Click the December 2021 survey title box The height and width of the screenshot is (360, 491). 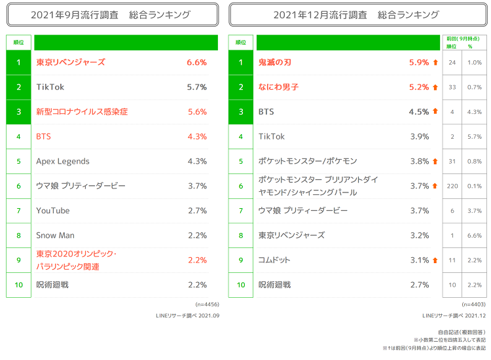(356, 14)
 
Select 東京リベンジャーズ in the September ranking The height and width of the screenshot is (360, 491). (71, 62)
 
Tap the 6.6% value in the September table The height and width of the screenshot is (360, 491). (196, 62)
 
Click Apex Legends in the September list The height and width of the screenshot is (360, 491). (63, 161)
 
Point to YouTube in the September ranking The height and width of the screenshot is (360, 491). (53, 210)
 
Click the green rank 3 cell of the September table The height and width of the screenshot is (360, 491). (19, 112)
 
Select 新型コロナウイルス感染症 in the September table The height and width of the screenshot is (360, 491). (82, 112)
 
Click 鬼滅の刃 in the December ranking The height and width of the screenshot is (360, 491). (276, 62)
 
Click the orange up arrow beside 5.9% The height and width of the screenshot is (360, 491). (435, 63)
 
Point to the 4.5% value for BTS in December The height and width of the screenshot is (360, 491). (419, 112)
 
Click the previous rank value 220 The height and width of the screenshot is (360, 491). (452, 186)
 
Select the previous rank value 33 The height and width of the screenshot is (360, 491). (452, 87)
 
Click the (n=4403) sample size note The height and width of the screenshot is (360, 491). (473, 304)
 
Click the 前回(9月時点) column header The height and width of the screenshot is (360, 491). (464, 39)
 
